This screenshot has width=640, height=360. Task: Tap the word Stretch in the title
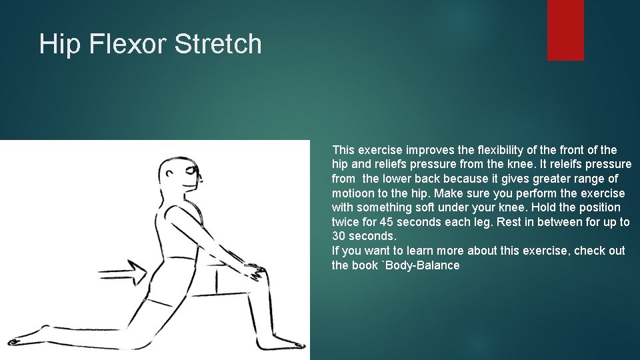218,45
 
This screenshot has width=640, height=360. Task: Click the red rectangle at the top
565,30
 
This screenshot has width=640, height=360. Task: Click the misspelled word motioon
353,193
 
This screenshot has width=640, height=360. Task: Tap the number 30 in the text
339,237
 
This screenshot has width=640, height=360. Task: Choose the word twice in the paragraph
346,222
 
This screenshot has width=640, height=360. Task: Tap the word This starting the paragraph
343,150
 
